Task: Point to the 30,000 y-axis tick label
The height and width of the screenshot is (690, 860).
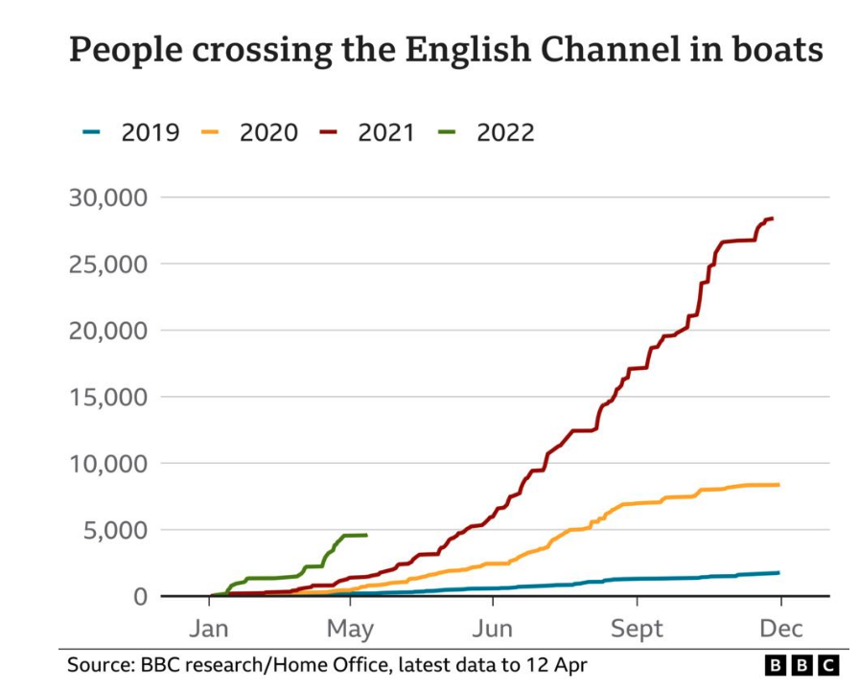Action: pyautogui.click(x=106, y=197)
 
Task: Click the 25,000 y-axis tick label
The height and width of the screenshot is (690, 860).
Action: pyautogui.click(x=106, y=264)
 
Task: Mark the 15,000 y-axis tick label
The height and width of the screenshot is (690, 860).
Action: pyautogui.click(x=106, y=397)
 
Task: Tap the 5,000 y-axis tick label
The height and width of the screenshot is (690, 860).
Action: pyautogui.click(x=113, y=530)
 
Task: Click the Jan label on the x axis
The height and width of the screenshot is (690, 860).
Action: pyautogui.click(x=208, y=630)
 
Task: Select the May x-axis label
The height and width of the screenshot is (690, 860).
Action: pyautogui.click(x=350, y=630)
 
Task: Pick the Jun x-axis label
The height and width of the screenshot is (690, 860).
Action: pyautogui.click(x=493, y=630)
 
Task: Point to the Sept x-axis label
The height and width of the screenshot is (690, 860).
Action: pyautogui.click(x=637, y=630)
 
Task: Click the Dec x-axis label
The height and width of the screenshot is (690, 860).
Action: pyautogui.click(x=780, y=630)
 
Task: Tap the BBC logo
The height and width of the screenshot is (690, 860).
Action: pyautogui.click(x=802, y=665)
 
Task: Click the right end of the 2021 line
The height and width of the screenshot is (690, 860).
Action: pyautogui.click(x=772, y=218)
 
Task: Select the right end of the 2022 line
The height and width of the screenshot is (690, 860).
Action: pyautogui.click(x=365, y=535)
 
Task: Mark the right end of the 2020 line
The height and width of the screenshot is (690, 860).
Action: pyautogui.click(x=779, y=485)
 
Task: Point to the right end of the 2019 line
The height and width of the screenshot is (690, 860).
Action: pyautogui.click(x=779, y=572)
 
